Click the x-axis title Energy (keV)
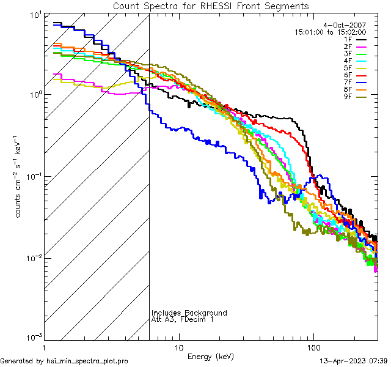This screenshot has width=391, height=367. pyautogui.click(x=211, y=356)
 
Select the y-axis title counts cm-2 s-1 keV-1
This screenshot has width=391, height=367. pyautogui.click(x=20, y=177)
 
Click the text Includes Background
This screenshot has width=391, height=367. pyautogui.click(x=189, y=313)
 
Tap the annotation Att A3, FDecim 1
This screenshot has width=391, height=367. pyautogui.click(x=183, y=319)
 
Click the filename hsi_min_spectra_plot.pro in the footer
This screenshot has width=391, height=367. pyautogui.click(x=87, y=361)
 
